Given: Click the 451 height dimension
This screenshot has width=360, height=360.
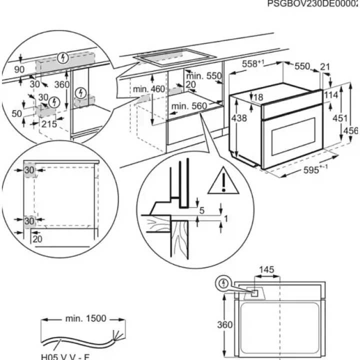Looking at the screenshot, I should pyautogui.click(x=339, y=118).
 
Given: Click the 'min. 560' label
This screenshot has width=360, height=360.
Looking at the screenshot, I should pyautogui.click(x=188, y=106).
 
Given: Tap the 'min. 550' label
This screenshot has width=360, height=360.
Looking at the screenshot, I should pyautogui.click(x=204, y=76).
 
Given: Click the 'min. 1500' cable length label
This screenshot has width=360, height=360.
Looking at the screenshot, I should pyautogui.click(x=82, y=318).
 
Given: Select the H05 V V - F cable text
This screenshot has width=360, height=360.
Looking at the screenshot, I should pyautogui.click(x=64, y=356).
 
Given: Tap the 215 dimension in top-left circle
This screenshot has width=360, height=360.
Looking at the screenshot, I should pyautogui.click(x=48, y=123).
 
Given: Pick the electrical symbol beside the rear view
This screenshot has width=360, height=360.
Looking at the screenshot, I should pyautogui.click(x=223, y=284).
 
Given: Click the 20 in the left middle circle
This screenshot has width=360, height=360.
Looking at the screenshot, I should pyautogui.click(x=37, y=238).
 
